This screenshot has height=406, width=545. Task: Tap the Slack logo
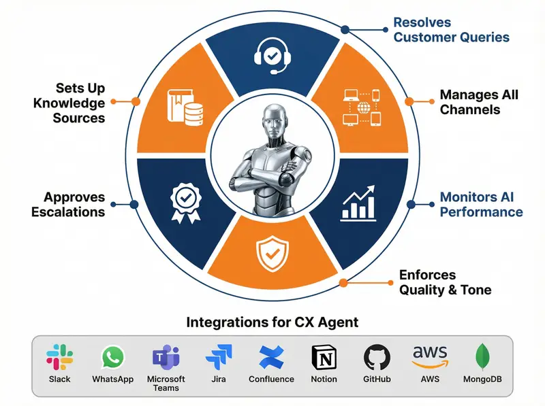click(x=60, y=357)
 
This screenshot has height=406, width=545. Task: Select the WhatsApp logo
click(x=113, y=357)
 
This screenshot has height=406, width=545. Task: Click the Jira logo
click(x=219, y=357)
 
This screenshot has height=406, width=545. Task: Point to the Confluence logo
click(x=271, y=357)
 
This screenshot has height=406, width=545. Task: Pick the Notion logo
click(x=324, y=357)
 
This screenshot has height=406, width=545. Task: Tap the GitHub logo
click(x=377, y=357)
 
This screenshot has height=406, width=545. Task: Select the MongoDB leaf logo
click(x=482, y=357)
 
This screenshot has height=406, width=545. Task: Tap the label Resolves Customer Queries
click(x=451, y=30)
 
